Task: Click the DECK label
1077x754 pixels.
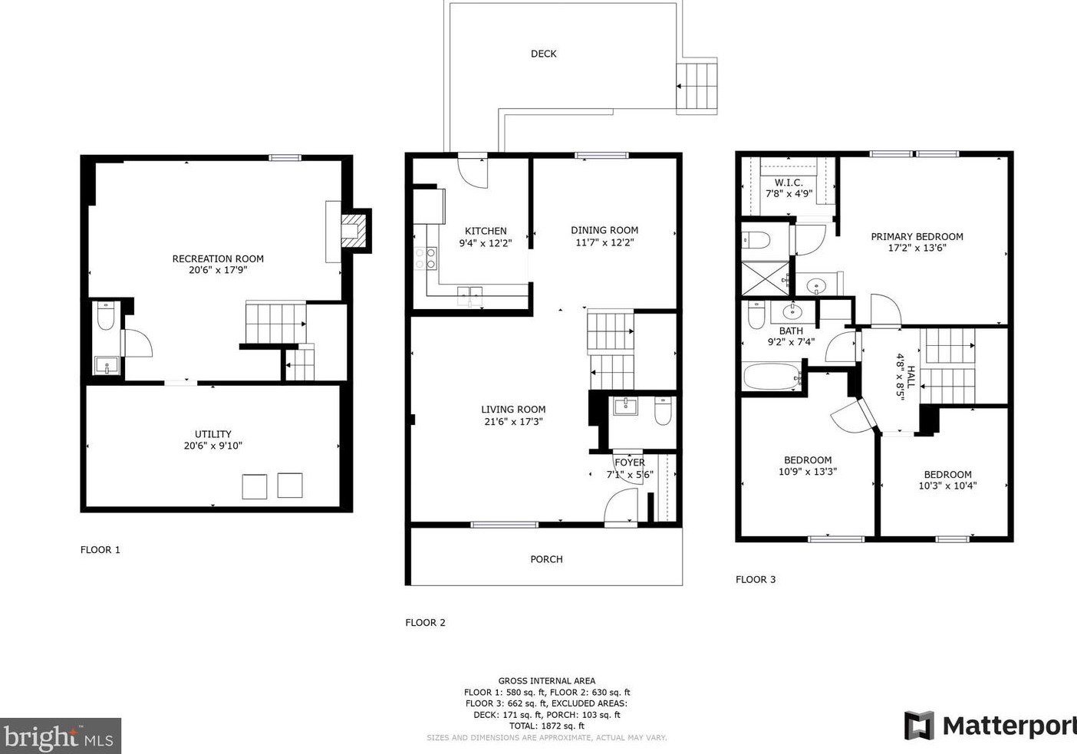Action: click(543, 54)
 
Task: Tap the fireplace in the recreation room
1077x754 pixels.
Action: click(354, 231)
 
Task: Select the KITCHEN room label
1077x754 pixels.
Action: click(486, 231)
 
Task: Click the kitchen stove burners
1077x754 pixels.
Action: click(426, 258)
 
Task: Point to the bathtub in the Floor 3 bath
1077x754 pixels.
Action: click(772, 377)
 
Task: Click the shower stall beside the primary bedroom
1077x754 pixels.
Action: click(766, 278)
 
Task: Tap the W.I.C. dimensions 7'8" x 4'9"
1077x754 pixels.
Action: click(789, 194)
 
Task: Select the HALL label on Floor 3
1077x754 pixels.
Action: click(911, 377)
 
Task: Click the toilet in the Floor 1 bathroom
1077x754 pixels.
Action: click(106, 315)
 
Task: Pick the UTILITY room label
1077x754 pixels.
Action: click(213, 433)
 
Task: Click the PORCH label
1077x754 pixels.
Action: click(546, 559)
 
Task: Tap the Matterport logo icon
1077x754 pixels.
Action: click(919, 726)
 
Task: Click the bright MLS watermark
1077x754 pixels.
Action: click(60, 736)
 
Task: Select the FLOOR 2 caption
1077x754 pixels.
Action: click(425, 622)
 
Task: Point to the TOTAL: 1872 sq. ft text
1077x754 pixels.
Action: click(547, 726)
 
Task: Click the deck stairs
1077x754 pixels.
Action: click(697, 86)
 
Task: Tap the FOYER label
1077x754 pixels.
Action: click(629, 463)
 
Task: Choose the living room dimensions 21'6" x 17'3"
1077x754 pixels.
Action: click(513, 422)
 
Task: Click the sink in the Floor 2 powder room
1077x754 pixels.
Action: click(625, 407)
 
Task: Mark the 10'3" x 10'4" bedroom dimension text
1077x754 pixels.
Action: click(947, 486)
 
